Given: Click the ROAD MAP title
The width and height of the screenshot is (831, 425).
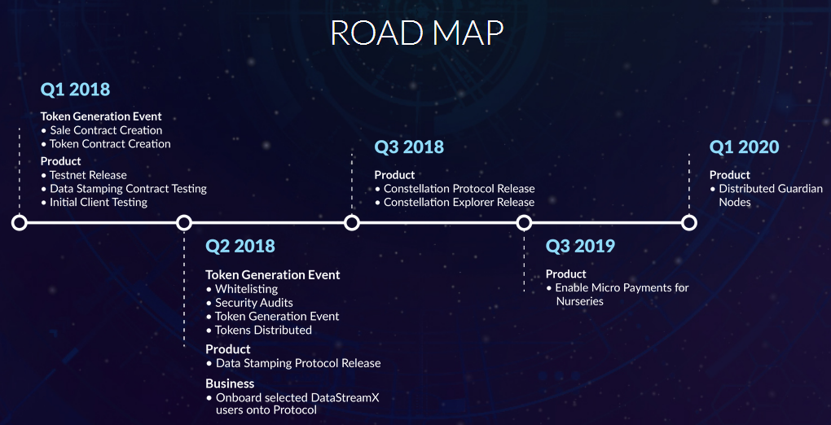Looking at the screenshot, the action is click(416, 33).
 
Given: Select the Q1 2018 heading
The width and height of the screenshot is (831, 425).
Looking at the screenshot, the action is click(75, 90).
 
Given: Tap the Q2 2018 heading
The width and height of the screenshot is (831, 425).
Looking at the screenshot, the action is click(240, 246).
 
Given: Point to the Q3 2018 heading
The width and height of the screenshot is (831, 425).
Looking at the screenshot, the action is click(409, 147).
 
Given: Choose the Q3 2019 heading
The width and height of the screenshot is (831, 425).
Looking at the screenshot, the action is click(580, 246).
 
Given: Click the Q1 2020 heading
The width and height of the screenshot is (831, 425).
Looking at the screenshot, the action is click(744, 147).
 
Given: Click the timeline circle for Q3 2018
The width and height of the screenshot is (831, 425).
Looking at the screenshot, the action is click(351, 223).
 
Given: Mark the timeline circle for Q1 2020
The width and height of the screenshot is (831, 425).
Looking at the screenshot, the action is click(689, 223).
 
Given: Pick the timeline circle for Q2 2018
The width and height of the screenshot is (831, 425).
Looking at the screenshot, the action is click(184, 223).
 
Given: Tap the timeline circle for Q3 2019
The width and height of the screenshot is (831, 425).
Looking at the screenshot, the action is click(524, 223).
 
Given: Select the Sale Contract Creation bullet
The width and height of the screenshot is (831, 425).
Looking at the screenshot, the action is click(102, 130).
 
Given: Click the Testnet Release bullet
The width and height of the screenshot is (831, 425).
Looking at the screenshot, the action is click(84, 175).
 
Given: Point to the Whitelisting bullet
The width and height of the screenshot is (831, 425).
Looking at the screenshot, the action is click(242, 289).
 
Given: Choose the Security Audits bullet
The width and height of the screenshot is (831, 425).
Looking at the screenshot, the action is click(249, 303).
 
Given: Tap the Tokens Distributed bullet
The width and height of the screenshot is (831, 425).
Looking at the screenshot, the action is click(259, 330).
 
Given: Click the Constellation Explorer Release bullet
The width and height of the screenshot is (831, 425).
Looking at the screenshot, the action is click(455, 203).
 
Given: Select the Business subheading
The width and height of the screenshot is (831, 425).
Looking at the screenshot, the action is click(230, 383).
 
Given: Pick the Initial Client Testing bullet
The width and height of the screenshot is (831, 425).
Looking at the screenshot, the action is click(95, 203).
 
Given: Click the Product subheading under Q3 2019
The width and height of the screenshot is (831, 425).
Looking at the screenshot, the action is click(566, 274).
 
